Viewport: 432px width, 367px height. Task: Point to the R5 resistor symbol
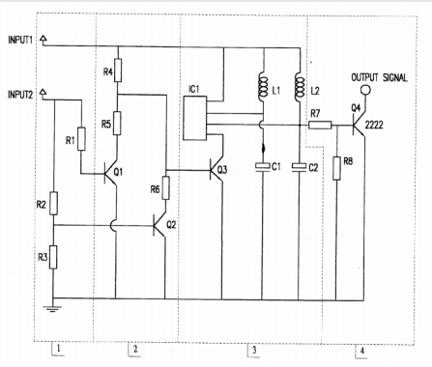click(117, 124)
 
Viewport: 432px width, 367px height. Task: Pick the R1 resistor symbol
click(81, 141)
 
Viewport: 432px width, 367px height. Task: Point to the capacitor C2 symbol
click(298, 167)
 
